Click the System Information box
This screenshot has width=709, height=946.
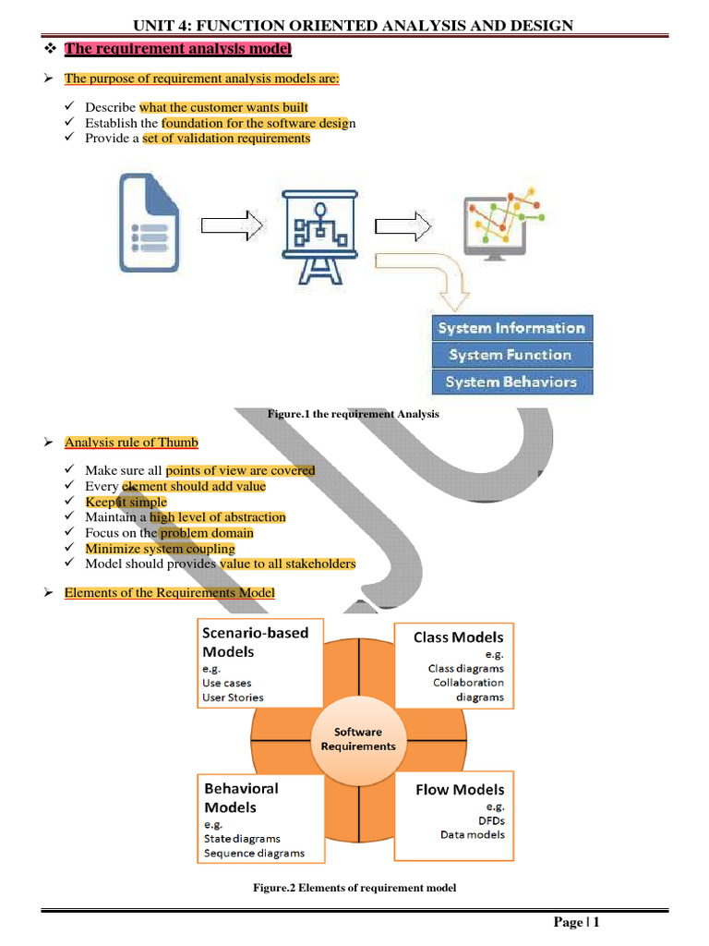(x=511, y=328)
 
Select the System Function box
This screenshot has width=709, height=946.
(x=511, y=355)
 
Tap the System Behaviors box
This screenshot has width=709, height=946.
(x=511, y=382)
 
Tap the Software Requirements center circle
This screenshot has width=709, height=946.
(x=358, y=738)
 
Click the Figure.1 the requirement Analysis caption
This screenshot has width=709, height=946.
(x=354, y=414)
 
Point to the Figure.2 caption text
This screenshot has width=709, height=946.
(x=354, y=888)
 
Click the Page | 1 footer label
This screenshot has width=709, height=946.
(x=577, y=922)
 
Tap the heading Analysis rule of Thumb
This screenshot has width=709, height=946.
(x=131, y=443)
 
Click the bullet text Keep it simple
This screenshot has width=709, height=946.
(x=126, y=502)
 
